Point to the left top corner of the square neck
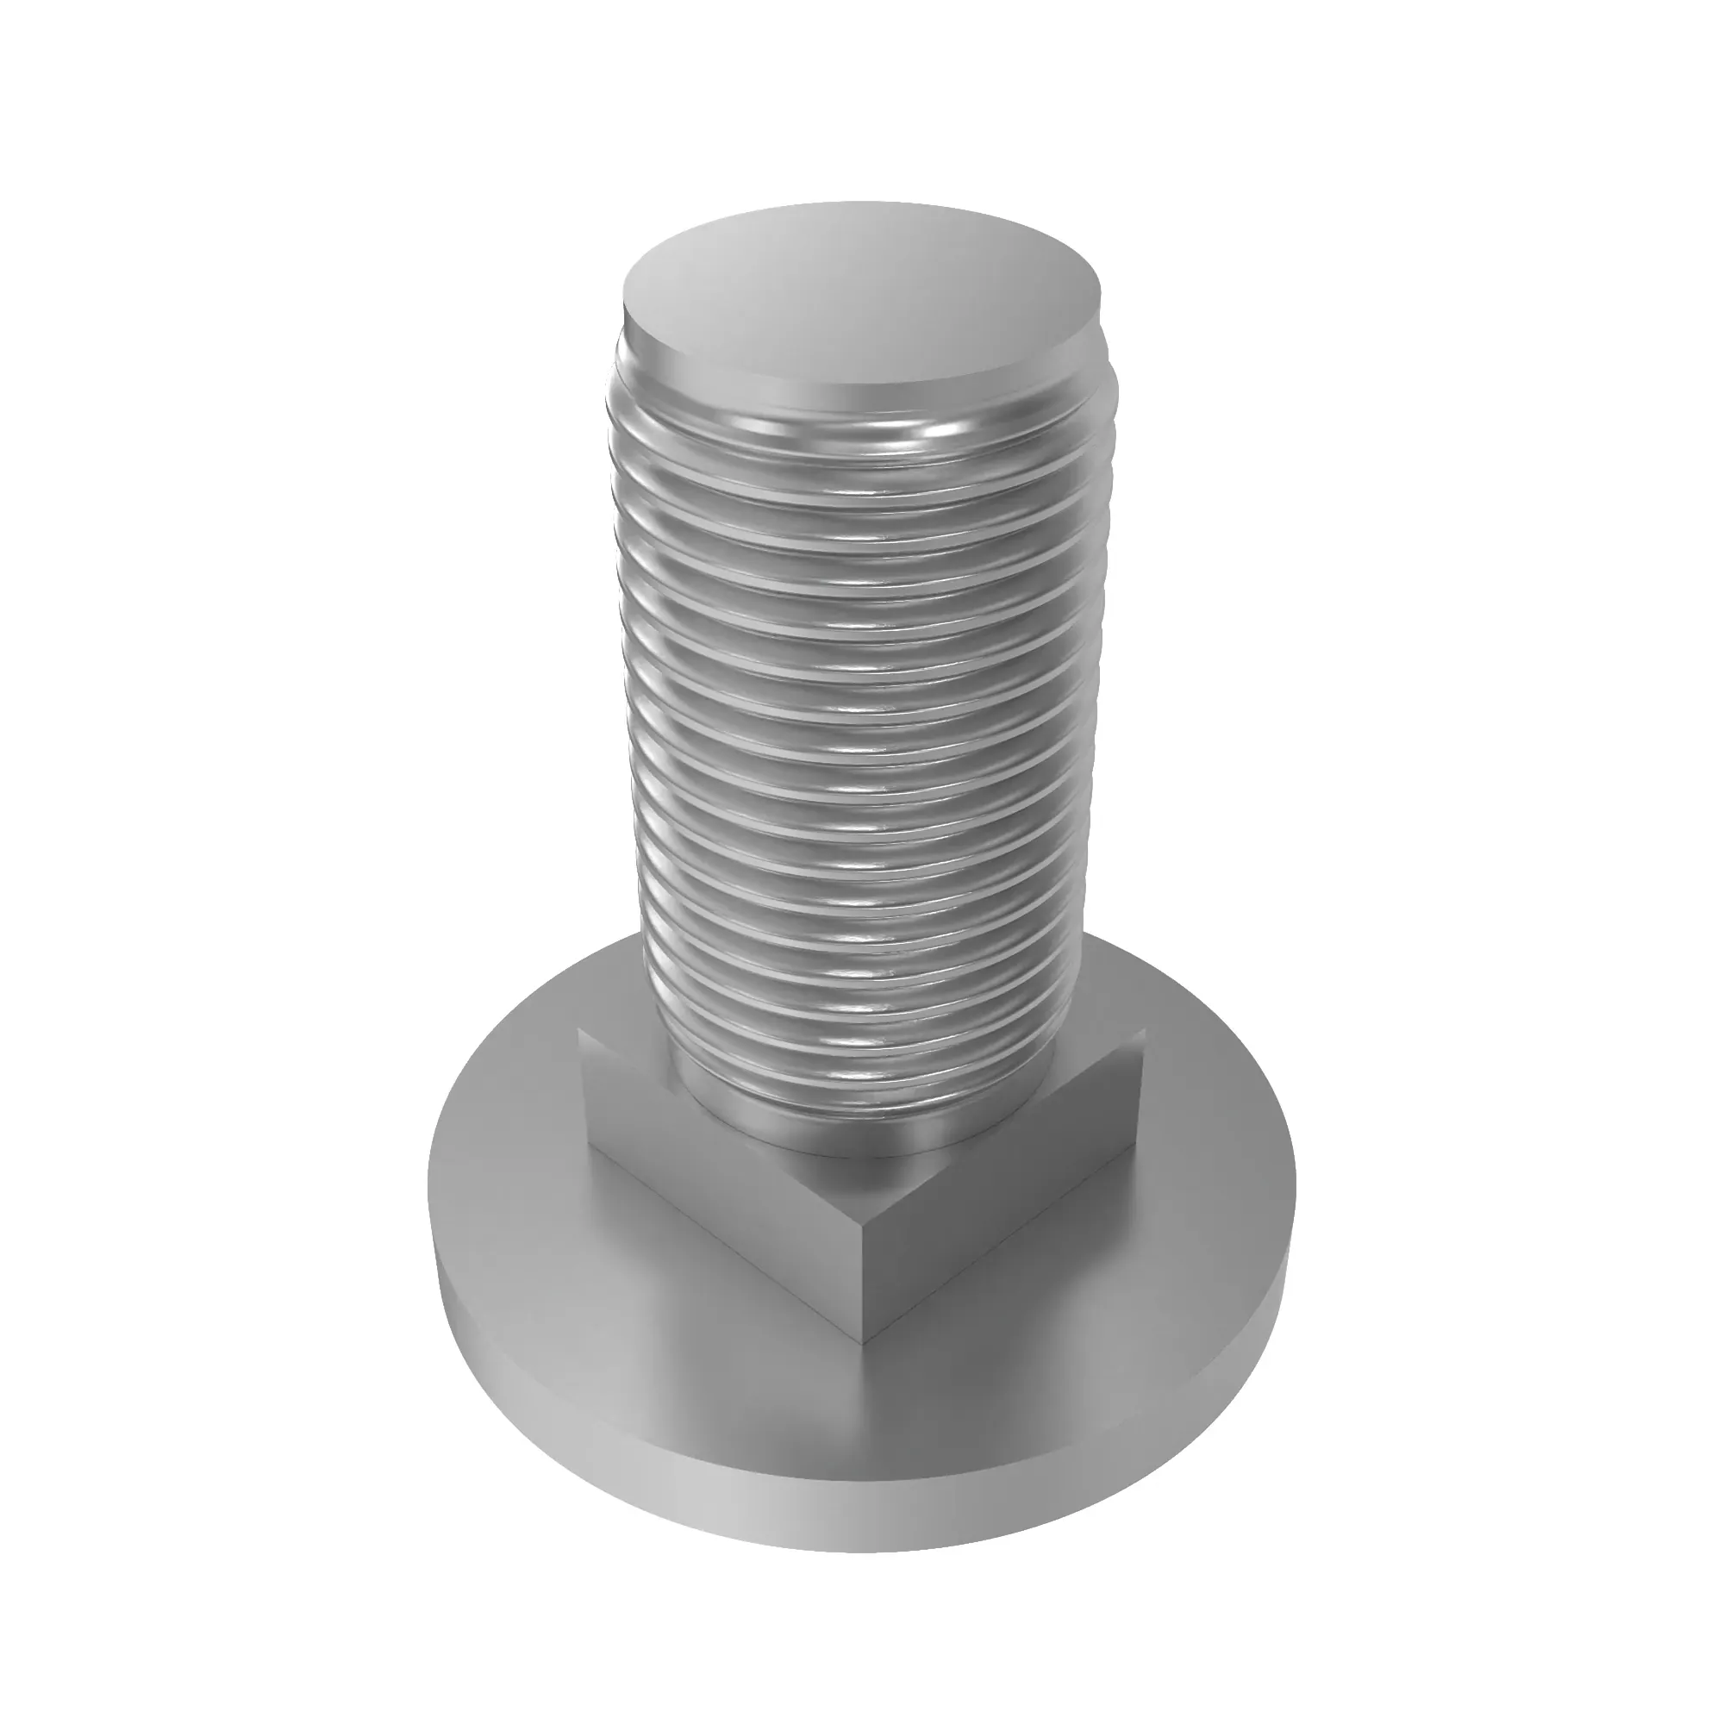[x=581, y=1032]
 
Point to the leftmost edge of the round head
[x=430, y=1187]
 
